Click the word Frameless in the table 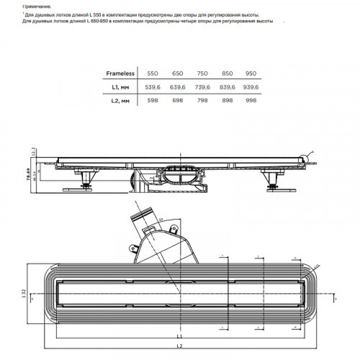(121, 73)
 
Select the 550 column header (153, 73)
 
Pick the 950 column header (250, 73)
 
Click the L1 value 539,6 (153, 87)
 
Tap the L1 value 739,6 (201, 87)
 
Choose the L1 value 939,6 (250, 87)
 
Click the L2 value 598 (153, 102)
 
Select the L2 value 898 (225, 102)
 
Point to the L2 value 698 (177, 102)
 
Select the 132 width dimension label (24, 294)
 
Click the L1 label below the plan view (181, 336)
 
